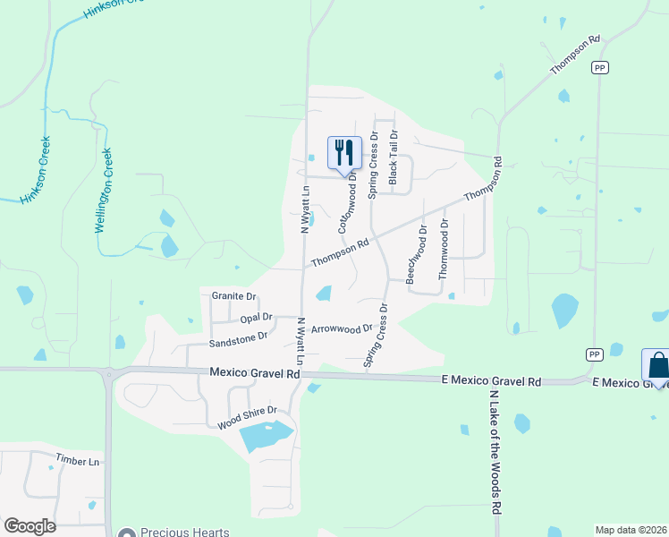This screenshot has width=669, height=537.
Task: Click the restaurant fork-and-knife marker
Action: tap(344, 153)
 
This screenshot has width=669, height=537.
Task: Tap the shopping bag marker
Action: tap(657, 366)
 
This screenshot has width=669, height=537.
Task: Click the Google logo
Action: tap(30, 526)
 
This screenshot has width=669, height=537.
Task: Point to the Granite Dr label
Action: tap(233, 296)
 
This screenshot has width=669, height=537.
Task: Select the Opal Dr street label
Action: tap(256, 318)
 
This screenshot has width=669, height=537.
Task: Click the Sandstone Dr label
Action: tap(238, 339)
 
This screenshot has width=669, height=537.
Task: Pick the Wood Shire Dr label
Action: tap(248, 417)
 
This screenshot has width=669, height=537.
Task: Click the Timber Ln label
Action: tap(77, 461)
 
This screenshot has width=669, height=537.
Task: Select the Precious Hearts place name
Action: tap(185, 532)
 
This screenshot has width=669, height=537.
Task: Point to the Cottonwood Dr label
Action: tap(348, 203)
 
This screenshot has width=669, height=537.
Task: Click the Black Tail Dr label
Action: tap(393, 157)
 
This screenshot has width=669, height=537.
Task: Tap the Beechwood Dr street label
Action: tap(417, 254)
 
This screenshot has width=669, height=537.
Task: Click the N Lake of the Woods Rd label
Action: tap(494, 451)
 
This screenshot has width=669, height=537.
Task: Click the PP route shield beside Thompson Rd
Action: tap(599, 68)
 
